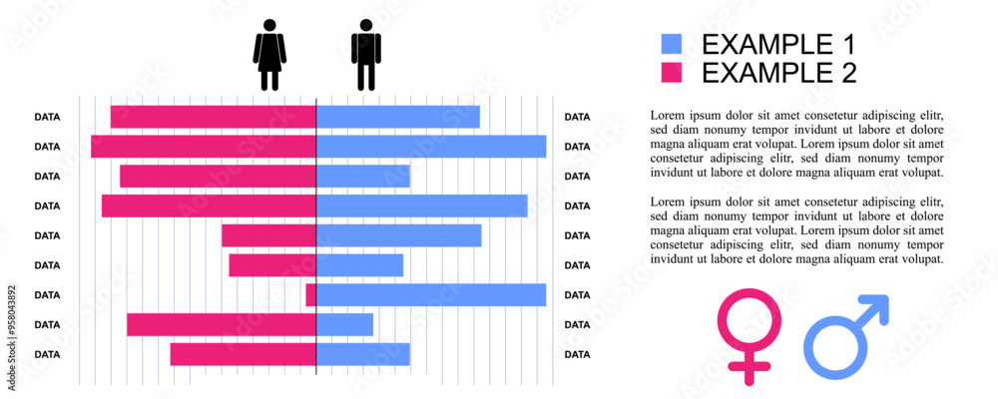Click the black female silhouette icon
pyautogui.click(x=269, y=55)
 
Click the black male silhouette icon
pyautogui.click(x=366, y=55)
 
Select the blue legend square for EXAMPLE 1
pyautogui.click(x=672, y=44)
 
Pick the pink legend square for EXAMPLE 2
pyautogui.click(x=672, y=73)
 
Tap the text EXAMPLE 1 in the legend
pyautogui.click(x=778, y=44)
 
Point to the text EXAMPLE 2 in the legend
pyautogui.click(x=778, y=73)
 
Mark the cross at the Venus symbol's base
pyautogui.click(x=749, y=370)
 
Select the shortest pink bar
pyautogui.click(x=311, y=294)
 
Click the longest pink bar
pyautogui.click(x=204, y=146)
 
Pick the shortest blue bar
pyautogui.click(x=345, y=324)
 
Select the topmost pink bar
pyautogui.click(x=214, y=116)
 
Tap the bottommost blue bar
pyautogui.click(x=363, y=354)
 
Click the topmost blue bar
pyautogui.click(x=398, y=116)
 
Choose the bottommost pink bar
pyautogui.click(x=244, y=354)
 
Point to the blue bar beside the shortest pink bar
pyautogui.click(x=431, y=294)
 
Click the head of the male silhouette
pyautogui.click(x=366, y=25)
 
